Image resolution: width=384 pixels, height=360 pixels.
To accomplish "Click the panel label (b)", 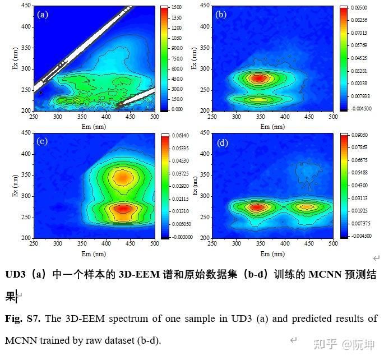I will pyautogui.click(x=221, y=15).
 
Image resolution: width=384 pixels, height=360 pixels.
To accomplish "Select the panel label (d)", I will pyautogui.click(x=223, y=142).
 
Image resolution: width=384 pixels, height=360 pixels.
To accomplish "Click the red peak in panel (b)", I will pyautogui.click(x=258, y=79).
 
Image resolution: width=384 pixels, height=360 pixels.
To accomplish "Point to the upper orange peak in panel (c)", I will pyautogui.click(x=122, y=178).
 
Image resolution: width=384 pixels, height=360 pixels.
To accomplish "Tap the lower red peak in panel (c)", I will pyautogui.click(x=123, y=209).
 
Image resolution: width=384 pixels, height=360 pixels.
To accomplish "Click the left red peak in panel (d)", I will pyautogui.click(x=256, y=207).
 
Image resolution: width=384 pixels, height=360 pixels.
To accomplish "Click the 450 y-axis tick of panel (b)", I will pyautogui.click(x=207, y=6).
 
